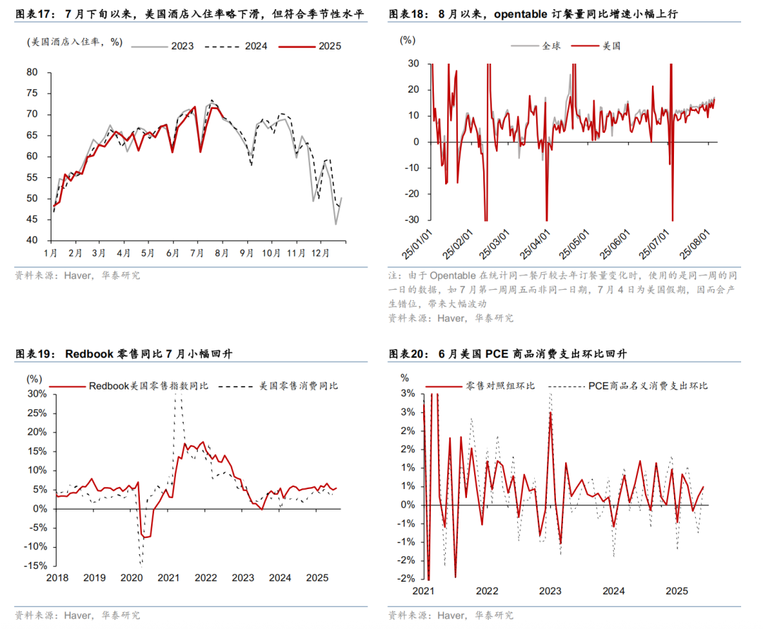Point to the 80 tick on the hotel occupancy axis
tap(32, 72)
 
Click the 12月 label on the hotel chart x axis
tap(319, 253)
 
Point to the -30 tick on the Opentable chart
tap(410, 219)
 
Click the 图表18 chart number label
tap(406, 14)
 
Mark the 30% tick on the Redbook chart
tap(37, 393)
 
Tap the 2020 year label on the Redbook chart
tap(131, 578)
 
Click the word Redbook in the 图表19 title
tap(89, 354)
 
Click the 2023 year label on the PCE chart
tap(550, 591)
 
